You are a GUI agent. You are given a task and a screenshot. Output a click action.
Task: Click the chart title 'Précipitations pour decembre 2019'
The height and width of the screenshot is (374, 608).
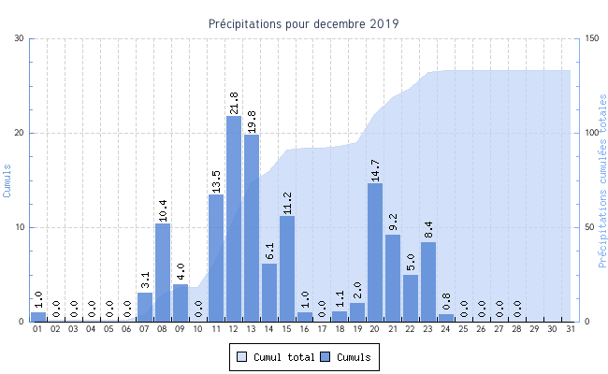(304, 23)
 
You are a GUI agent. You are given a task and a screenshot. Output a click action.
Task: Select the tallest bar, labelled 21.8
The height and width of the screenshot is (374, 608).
(234, 218)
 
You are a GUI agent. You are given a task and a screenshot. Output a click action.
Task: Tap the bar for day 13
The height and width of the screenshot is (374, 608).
(252, 228)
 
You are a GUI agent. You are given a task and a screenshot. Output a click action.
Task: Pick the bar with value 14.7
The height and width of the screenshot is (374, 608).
(375, 252)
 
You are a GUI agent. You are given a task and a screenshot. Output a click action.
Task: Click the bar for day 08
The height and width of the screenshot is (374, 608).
(163, 272)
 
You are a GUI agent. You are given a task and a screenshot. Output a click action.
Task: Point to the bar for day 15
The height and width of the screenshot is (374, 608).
(287, 269)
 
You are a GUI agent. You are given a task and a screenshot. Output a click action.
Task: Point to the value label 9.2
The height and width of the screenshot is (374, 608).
(393, 220)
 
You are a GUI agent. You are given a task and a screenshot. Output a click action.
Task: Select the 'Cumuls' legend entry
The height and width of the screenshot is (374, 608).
(345, 357)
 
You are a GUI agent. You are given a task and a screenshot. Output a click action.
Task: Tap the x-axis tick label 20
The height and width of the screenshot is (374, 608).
(375, 330)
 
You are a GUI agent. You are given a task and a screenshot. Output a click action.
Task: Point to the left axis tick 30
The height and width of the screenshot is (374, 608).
(20, 38)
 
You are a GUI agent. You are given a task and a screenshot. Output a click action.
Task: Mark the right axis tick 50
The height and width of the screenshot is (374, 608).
(588, 227)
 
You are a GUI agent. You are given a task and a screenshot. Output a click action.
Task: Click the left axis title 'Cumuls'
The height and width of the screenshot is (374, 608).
(7, 180)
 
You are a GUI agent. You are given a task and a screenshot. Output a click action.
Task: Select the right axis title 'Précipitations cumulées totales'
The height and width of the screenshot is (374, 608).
(602, 180)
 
